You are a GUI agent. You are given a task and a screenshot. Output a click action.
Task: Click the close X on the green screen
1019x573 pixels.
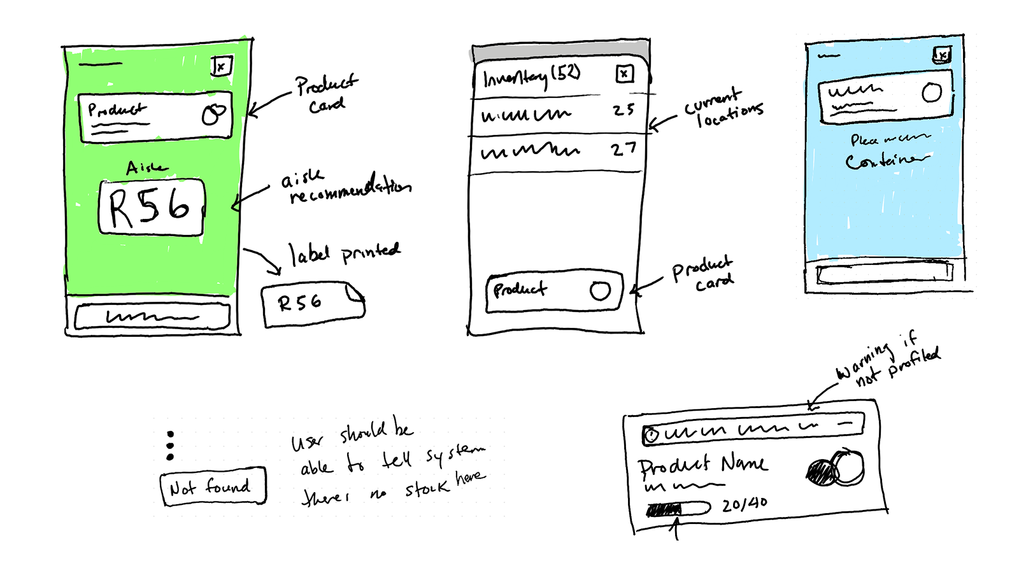pyautogui.click(x=221, y=66)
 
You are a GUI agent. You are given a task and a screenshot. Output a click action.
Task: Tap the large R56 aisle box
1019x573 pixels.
pyautogui.click(x=152, y=208)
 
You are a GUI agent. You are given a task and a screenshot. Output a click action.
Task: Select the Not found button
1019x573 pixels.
pyautogui.click(x=213, y=488)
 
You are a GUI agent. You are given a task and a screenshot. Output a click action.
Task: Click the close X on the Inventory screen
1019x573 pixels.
pyautogui.click(x=624, y=74)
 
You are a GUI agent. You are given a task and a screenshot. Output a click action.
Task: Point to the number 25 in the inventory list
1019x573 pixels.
pyautogui.click(x=624, y=110)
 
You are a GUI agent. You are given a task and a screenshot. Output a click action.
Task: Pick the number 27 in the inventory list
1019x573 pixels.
pyautogui.click(x=623, y=150)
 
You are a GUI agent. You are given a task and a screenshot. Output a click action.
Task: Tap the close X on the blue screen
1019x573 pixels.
pyautogui.click(x=942, y=55)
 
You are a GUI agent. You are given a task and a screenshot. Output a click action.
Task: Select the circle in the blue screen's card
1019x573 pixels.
pyautogui.click(x=932, y=93)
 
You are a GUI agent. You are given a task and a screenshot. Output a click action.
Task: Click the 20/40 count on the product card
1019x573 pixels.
pyautogui.click(x=745, y=505)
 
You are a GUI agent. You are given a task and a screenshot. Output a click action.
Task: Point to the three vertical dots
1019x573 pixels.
pyautogui.click(x=170, y=446)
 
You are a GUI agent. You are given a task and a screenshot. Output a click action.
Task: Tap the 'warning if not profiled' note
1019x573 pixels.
pyautogui.click(x=888, y=360)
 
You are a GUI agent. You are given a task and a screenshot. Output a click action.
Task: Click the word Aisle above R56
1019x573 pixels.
pyautogui.click(x=147, y=167)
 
